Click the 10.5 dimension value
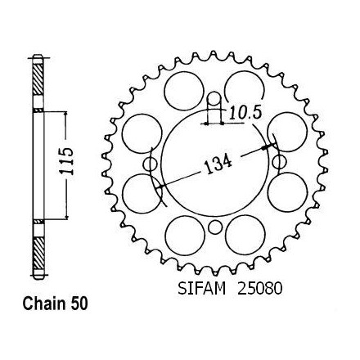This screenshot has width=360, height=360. pos(245,113)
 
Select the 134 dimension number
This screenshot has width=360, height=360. pos(218,164)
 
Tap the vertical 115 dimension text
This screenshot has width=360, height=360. pos(66,161)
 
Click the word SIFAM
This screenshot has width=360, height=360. pos(201,288)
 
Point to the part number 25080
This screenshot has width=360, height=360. pos(259,288)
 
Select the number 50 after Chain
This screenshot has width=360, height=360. pos(79,304)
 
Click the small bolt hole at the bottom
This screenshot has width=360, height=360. pos(215,227)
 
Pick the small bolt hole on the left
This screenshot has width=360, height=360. pos(151,164)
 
